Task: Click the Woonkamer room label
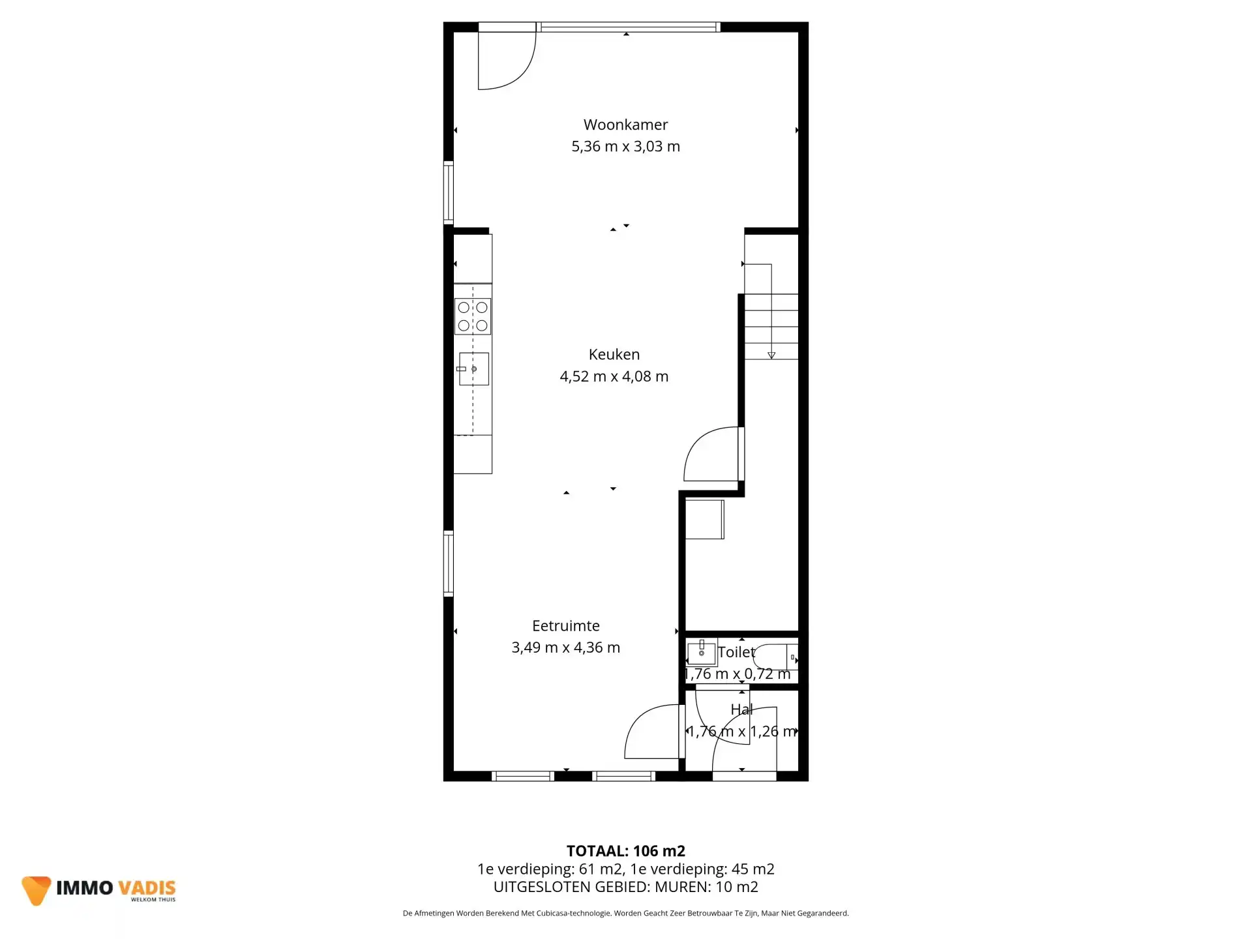click(x=625, y=125)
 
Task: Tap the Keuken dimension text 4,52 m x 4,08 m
click(x=614, y=376)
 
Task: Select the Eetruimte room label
click(x=565, y=626)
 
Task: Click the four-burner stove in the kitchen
click(x=473, y=316)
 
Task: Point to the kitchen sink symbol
click(x=473, y=369)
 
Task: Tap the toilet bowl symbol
click(x=775, y=657)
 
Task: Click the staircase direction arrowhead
click(x=771, y=355)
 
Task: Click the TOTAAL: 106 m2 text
click(x=625, y=851)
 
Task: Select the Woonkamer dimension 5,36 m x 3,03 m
click(x=625, y=147)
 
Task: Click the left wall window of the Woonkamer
click(x=449, y=192)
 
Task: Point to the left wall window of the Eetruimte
click(x=449, y=563)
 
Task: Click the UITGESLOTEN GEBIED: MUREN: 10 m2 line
click(x=625, y=887)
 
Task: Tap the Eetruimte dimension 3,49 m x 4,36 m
click(x=565, y=648)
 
